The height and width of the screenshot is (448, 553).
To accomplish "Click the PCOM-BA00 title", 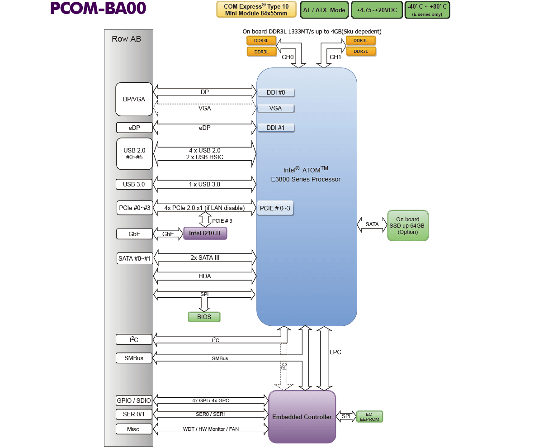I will click(x=98, y=9).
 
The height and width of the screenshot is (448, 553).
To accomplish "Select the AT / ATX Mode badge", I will click(x=324, y=10).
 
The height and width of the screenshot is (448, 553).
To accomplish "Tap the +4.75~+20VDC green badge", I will click(x=377, y=10).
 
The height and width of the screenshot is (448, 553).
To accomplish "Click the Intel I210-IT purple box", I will click(x=205, y=234).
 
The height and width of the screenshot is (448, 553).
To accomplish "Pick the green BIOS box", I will click(x=204, y=317).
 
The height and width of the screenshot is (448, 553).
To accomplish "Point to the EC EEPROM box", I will click(x=369, y=417).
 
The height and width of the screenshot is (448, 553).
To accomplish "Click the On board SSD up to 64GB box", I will click(x=407, y=225).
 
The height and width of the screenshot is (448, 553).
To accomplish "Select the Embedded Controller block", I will click(x=302, y=417).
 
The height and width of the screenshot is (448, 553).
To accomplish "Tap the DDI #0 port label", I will click(x=276, y=93).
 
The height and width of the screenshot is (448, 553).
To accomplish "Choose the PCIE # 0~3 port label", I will click(x=275, y=208).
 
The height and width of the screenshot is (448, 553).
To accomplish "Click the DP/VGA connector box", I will click(x=134, y=99).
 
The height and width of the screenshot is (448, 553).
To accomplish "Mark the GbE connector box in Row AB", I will click(x=134, y=234).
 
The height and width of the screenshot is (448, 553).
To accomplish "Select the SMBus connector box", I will click(x=134, y=358).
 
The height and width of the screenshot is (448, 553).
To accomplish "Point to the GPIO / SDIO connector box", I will click(x=134, y=400).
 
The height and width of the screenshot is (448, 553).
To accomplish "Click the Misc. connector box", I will click(x=134, y=429).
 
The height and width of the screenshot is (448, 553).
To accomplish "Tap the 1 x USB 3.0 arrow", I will click(x=204, y=184).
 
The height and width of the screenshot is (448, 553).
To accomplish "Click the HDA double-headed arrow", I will click(x=204, y=276).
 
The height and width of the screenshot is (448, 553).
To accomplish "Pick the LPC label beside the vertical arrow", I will click(x=336, y=352).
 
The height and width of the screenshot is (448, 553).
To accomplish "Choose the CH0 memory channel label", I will click(x=288, y=57).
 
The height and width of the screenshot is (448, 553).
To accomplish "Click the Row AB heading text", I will click(x=126, y=39).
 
